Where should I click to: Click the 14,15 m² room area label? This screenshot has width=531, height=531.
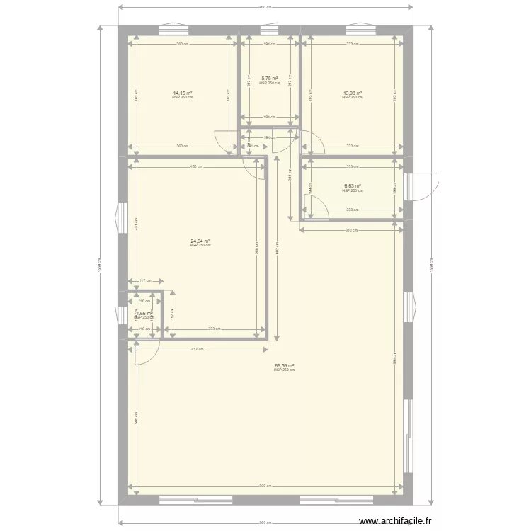pyautogui.click(x=182, y=93)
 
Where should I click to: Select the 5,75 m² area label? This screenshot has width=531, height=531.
pyautogui.click(x=269, y=79)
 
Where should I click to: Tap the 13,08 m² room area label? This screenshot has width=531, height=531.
pyautogui.click(x=353, y=93)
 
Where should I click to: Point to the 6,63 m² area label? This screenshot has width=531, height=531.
pyautogui.click(x=353, y=187)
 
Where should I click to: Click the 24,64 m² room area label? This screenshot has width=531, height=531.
pyautogui.click(x=200, y=241)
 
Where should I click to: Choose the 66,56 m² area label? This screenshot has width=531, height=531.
pyautogui.click(x=284, y=367)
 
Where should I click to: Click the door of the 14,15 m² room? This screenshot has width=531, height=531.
pyautogui.click(x=226, y=142)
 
